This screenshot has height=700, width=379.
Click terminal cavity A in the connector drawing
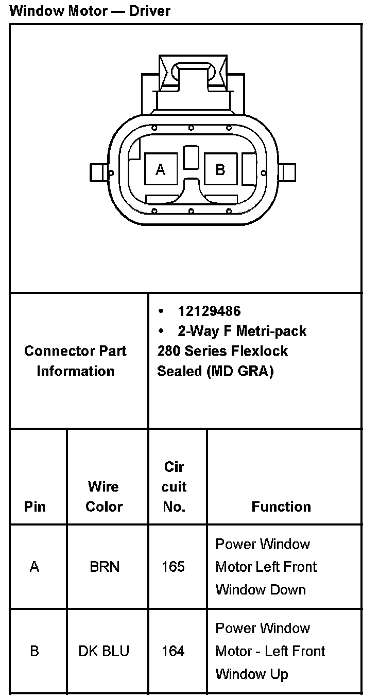161,169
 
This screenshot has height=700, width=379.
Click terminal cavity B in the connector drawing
220,169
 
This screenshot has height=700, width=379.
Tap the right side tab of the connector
288,172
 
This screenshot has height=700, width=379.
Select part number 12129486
209,311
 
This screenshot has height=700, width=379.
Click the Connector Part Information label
75,361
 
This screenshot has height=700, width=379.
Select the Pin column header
35,507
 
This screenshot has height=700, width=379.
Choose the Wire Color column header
104,497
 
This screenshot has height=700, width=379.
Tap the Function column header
281,507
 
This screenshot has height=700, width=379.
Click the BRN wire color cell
105,567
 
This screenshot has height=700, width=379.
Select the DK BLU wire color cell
104,652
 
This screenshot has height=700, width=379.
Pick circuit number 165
173,567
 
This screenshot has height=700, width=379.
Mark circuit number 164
173,652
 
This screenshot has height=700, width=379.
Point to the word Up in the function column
278,674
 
